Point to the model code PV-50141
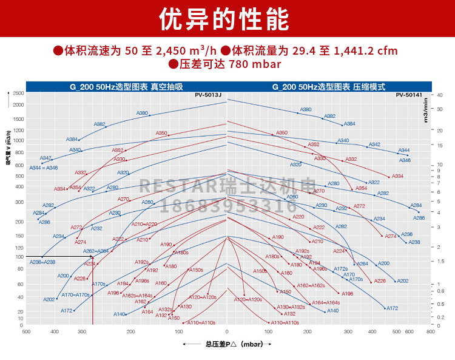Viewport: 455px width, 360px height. (409, 95)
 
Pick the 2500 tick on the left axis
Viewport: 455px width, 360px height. (18, 93)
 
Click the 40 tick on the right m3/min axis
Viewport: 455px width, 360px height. (439, 95)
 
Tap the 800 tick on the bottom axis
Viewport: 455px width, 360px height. (430, 332)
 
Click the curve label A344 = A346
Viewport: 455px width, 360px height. (44, 168)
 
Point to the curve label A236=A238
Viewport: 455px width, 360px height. (42, 262)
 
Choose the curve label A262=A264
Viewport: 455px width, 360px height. (96, 251)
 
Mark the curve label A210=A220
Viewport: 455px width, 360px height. (144, 224)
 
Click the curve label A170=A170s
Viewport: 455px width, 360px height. (75, 295)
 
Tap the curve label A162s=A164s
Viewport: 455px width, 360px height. (137, 295)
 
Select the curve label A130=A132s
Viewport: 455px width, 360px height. (291, 307)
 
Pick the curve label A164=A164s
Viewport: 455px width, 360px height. (326, 302)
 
